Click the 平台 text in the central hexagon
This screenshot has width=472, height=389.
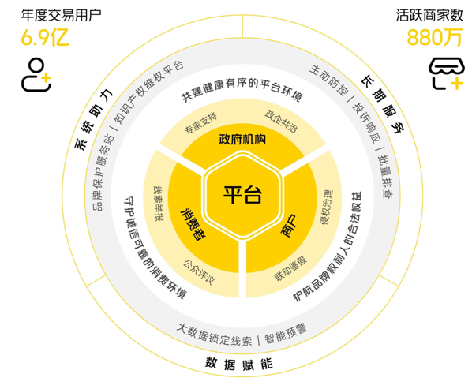(x=242, y=195)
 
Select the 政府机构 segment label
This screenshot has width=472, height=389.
(x=242, y=140)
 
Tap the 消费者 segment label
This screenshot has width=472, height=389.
(x=193, y=223)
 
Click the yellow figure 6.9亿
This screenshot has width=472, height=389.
(x=45, y=37)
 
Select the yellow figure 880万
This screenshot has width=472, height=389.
(x=435, y=37)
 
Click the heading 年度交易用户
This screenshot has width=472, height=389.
(x=61, y=15)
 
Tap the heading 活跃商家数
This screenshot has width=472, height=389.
(x=429, y=15)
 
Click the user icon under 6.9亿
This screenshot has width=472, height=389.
(x=36, y=75)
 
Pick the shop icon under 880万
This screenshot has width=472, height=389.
(x=447, y=73)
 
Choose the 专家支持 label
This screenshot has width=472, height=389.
(x=200, y=123)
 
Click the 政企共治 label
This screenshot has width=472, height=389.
(x=281, y=121)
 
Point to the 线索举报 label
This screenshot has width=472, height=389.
(x=159, y=203)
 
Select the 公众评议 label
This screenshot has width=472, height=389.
(x=199, y=272)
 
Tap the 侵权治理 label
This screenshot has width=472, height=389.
(x=326, y=208)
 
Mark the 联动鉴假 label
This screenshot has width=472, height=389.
(x=290, y=268)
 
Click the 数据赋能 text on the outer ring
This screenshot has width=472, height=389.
(x=239, y=364)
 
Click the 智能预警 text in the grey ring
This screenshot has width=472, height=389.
(x=286, y=333)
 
